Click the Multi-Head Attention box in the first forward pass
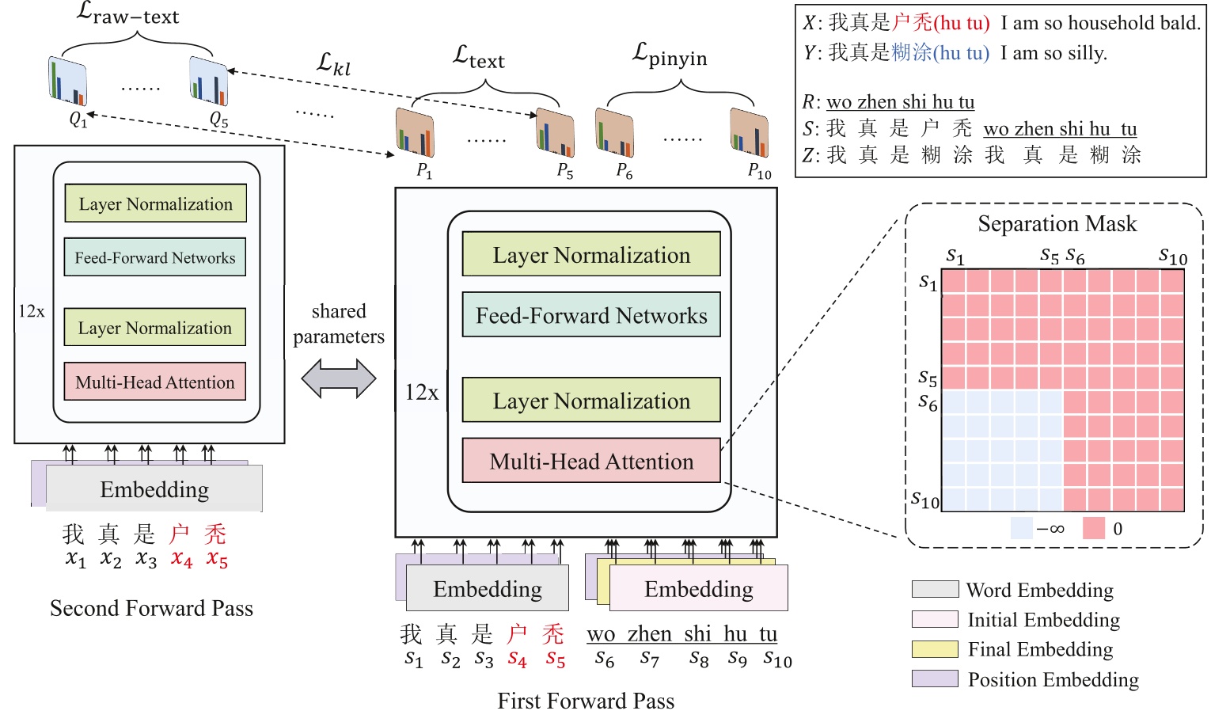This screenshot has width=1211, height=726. pyautogui.click(x=591, y=461)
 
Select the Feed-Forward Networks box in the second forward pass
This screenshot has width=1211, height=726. pyautogui.click(x=155, y=257)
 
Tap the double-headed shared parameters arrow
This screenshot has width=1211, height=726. pyautogui.click(x=339, y=378)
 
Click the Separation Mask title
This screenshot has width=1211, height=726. pyautogui.click(x=1057, y=224)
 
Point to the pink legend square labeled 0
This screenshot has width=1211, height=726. pyautogui.click(x=1093, y=528)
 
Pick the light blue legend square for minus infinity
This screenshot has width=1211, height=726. pyautogui.click(x=1022, y=528)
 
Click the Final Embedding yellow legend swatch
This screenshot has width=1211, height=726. pyautogui.click(x=935, y=649)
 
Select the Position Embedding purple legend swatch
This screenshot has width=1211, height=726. pyautogui.click(x=935, y=678)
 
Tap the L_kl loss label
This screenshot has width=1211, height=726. pyautogui.click(x=333, y=63)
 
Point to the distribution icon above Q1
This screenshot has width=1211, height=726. pyautogui.click(x=67, y=81)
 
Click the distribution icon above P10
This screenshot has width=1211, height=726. pyautogui.click(x=749, y=132)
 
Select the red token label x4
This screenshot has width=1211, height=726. pyautogui.click(x=181, y=559)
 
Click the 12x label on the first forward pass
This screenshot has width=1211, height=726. pyautogui.click(x=422, y=392)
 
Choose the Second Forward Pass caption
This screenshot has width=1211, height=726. pyautogui.click(x=151, y=608)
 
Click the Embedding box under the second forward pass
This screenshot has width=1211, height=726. pyautogui.click(x=154, y=489)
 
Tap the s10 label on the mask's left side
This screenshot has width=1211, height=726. pyautogui.click(x=924, y=500)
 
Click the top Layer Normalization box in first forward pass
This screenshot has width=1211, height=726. pyautogui.click(x=591, y=255)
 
